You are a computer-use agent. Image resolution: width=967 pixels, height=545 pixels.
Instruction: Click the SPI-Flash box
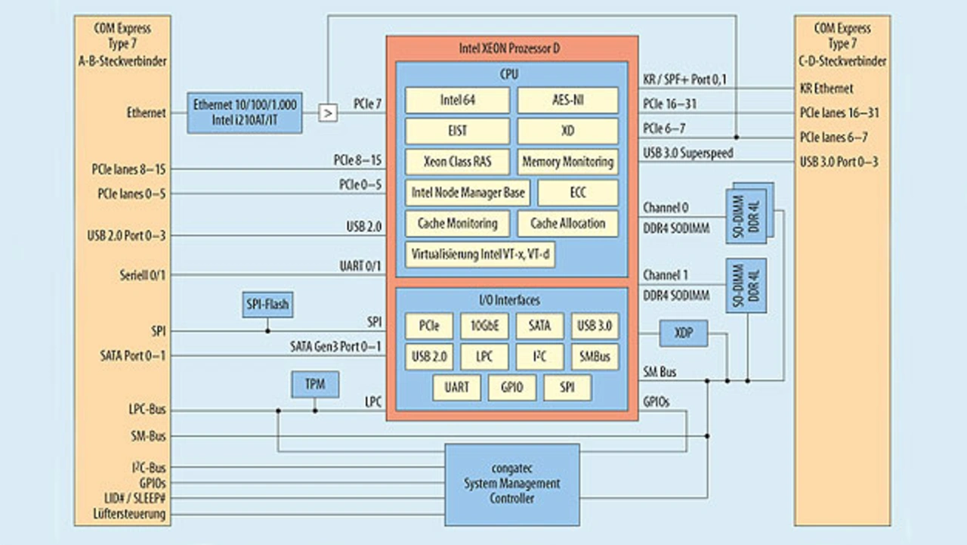pyautogui.click(x=267, y=305)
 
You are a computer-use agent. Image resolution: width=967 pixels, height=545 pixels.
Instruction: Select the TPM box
pyautogui.click(x=315, y=384)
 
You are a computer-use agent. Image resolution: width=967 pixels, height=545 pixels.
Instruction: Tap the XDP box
pyautogui.click(x=683, y=332)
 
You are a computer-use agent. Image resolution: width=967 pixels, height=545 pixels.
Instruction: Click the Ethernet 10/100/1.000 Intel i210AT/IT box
pyautogui.click(x=245, y=113)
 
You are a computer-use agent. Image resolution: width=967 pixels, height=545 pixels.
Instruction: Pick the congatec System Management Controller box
pyautogui.click(x=511, y=485)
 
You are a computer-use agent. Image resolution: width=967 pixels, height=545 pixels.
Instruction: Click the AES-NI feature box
pyautogui.click(x=567, y=101)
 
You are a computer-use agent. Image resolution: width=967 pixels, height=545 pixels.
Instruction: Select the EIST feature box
pyautogui.click(x=456, y=131)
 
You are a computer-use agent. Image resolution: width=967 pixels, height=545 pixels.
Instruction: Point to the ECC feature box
pyautogui.click(x=577, y=193)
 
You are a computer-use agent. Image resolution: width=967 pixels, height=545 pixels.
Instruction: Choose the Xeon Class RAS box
pyautogui.click(x=457, y=162)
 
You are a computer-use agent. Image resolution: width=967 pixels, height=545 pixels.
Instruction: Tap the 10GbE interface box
pyautogui.click(x=484, y=327)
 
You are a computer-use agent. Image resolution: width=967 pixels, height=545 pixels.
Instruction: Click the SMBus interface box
pyautogui.click(x=595, y=356)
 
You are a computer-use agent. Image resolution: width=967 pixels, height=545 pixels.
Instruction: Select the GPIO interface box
pyautogui.click(x=511, y=387)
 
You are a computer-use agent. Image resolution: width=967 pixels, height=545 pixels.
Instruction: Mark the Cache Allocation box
pyautogui.click(x=567, y=224)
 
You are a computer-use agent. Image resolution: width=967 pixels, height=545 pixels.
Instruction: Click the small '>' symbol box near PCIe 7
pyautogui.click(x=327, y=113)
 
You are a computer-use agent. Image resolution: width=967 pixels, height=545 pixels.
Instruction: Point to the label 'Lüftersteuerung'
pyautogui.click(x=131, y=515)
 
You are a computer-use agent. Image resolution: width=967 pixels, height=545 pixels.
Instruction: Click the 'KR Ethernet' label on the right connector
pyautogui.click(x=826, y=88)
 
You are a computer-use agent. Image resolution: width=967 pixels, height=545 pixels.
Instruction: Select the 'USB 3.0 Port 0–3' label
pyautogui.click(x=839, y=161)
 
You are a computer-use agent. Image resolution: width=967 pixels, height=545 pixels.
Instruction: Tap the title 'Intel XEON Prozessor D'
pyautogui.click(x=510, y=49)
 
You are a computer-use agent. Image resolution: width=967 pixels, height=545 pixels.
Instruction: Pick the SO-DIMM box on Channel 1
pyautogui.click(x=746, y=286)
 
